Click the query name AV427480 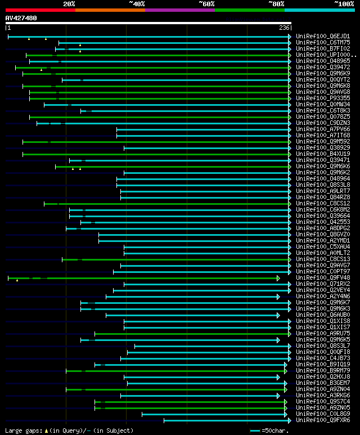click(21, 18)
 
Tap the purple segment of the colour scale click(179, 10)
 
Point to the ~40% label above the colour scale click(137, 3)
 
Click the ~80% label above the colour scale click(276, 3)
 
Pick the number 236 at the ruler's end click(284, 28)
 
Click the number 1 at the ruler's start click(8, 28)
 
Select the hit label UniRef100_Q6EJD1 click(323, 36)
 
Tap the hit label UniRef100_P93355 click(323, 98)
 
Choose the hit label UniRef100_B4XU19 click(323, 154)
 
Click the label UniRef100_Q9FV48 click(323, 277)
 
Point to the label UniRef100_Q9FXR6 click(323, 420)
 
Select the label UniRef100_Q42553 click(323, 222)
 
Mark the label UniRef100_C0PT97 click(323, 271)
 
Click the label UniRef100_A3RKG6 click(323, 395)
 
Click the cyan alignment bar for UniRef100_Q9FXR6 click(225, 420)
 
